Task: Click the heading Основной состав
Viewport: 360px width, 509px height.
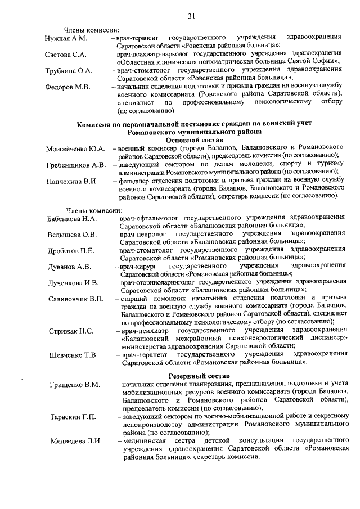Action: [x=195, y=139]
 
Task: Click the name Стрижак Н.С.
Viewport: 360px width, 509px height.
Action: [x=70, y=331]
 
